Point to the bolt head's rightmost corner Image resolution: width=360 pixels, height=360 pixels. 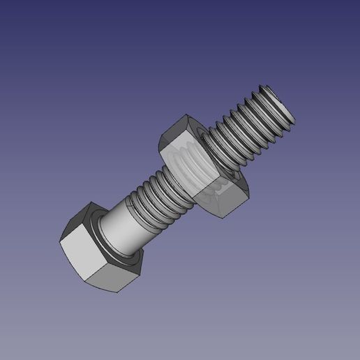(x=143, y=260)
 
